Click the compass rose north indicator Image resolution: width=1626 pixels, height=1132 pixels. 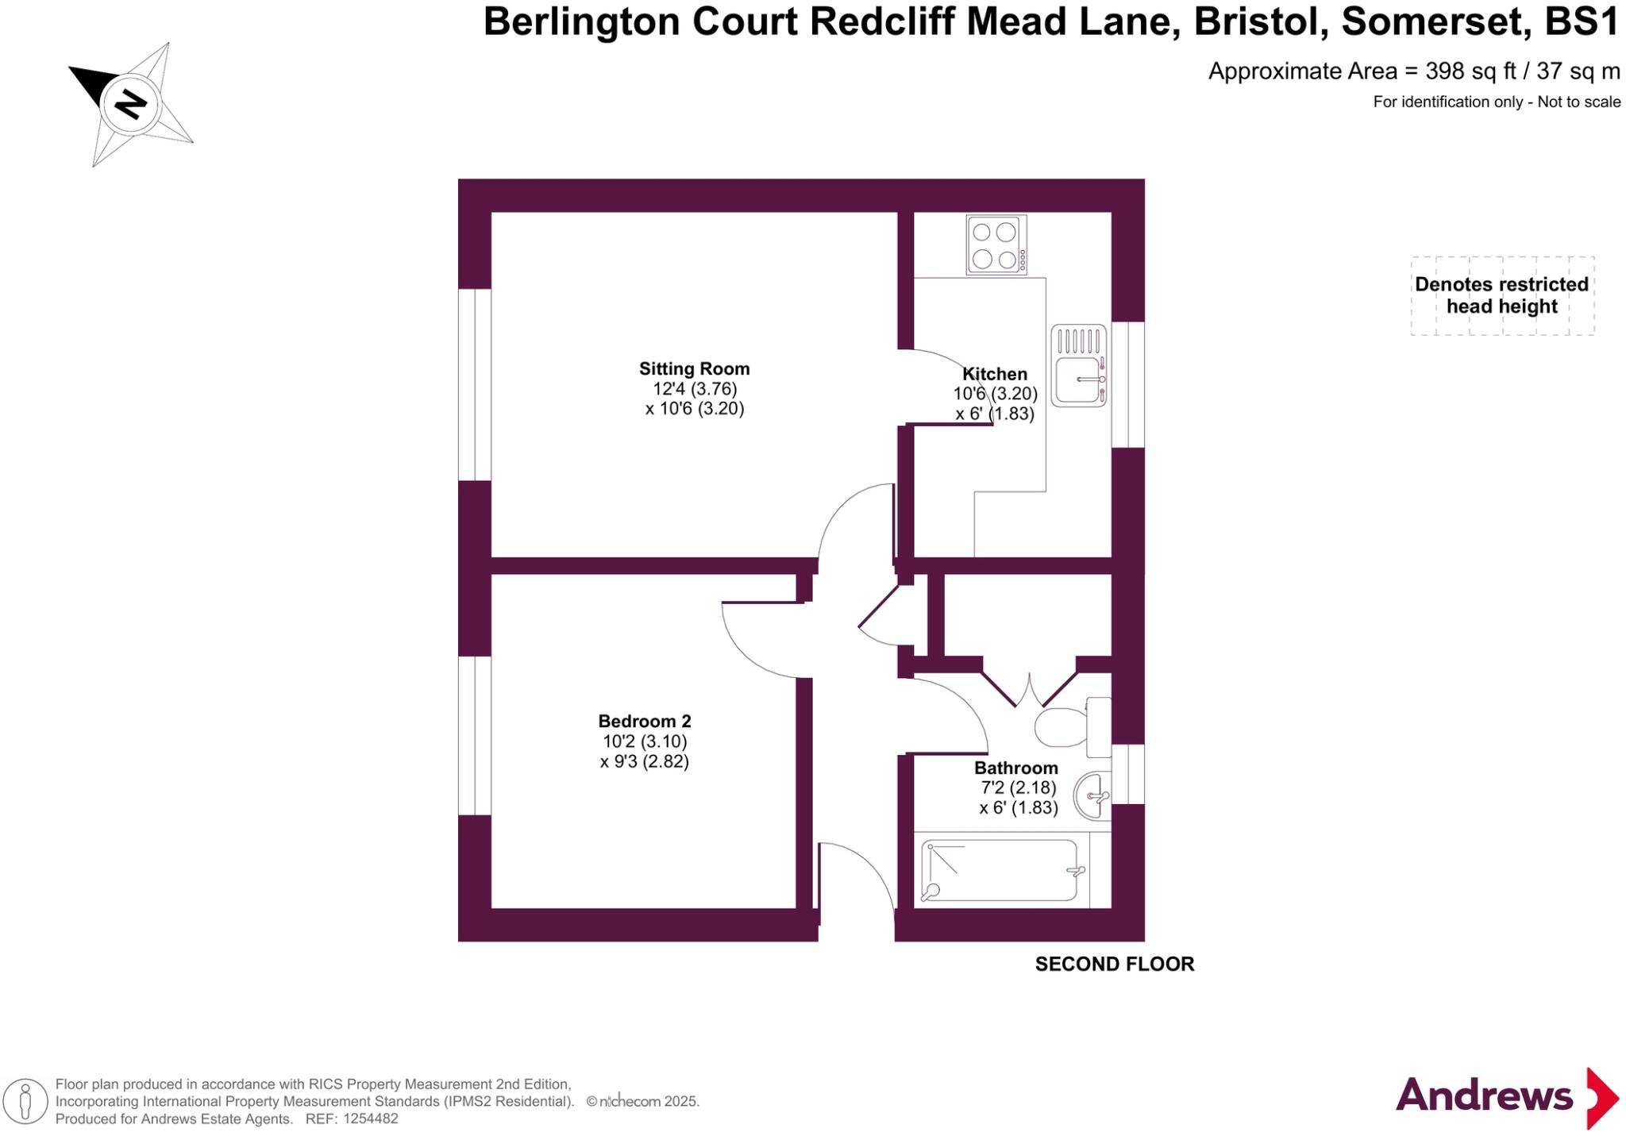click(130, 103)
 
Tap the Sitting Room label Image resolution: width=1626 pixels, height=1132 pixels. click(694, 368)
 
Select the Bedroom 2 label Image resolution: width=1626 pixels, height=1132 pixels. click(644, 721)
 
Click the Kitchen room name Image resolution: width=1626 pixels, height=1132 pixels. click(994, 374)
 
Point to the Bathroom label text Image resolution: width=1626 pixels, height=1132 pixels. click(1015, 768)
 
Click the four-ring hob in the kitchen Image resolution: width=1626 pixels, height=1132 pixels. click(996, 244)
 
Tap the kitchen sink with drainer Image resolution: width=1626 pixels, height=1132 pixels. click(1078, 366)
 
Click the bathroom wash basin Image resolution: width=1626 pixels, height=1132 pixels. click(1093, 795)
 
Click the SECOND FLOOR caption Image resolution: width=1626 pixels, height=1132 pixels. click(1114, 964)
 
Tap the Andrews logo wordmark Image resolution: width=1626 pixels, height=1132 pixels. click(1483, 1096)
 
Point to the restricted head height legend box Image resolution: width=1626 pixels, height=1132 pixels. click(1501, 295)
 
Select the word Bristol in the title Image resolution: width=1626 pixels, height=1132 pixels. click(1260, 21)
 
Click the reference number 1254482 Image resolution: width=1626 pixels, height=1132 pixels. click(368, 1119)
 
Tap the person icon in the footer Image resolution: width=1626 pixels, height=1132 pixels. click(25, 1102)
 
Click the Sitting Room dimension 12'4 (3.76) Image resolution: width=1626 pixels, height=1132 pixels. click(695, 389)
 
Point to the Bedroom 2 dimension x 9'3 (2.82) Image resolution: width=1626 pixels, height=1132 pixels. click(644, 761)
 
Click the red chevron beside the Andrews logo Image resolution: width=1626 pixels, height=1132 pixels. click(1601, 1098)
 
